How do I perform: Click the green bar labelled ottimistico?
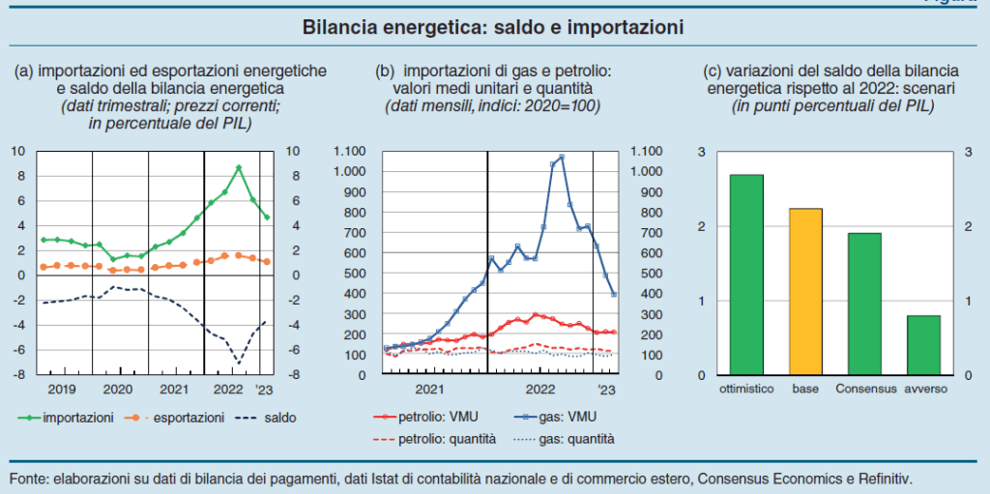pos(745,275)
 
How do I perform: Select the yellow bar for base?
pos(806,291)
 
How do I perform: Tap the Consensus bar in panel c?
pos(865,304)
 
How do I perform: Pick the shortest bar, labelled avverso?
pos(924,345)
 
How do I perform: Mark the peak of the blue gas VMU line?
pos(562,157)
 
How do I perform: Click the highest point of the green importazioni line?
pos(239,167)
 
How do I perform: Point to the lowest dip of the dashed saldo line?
pos(239,363)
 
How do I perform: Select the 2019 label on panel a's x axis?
pos(62,389)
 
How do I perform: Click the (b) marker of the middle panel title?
pos(385,71)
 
